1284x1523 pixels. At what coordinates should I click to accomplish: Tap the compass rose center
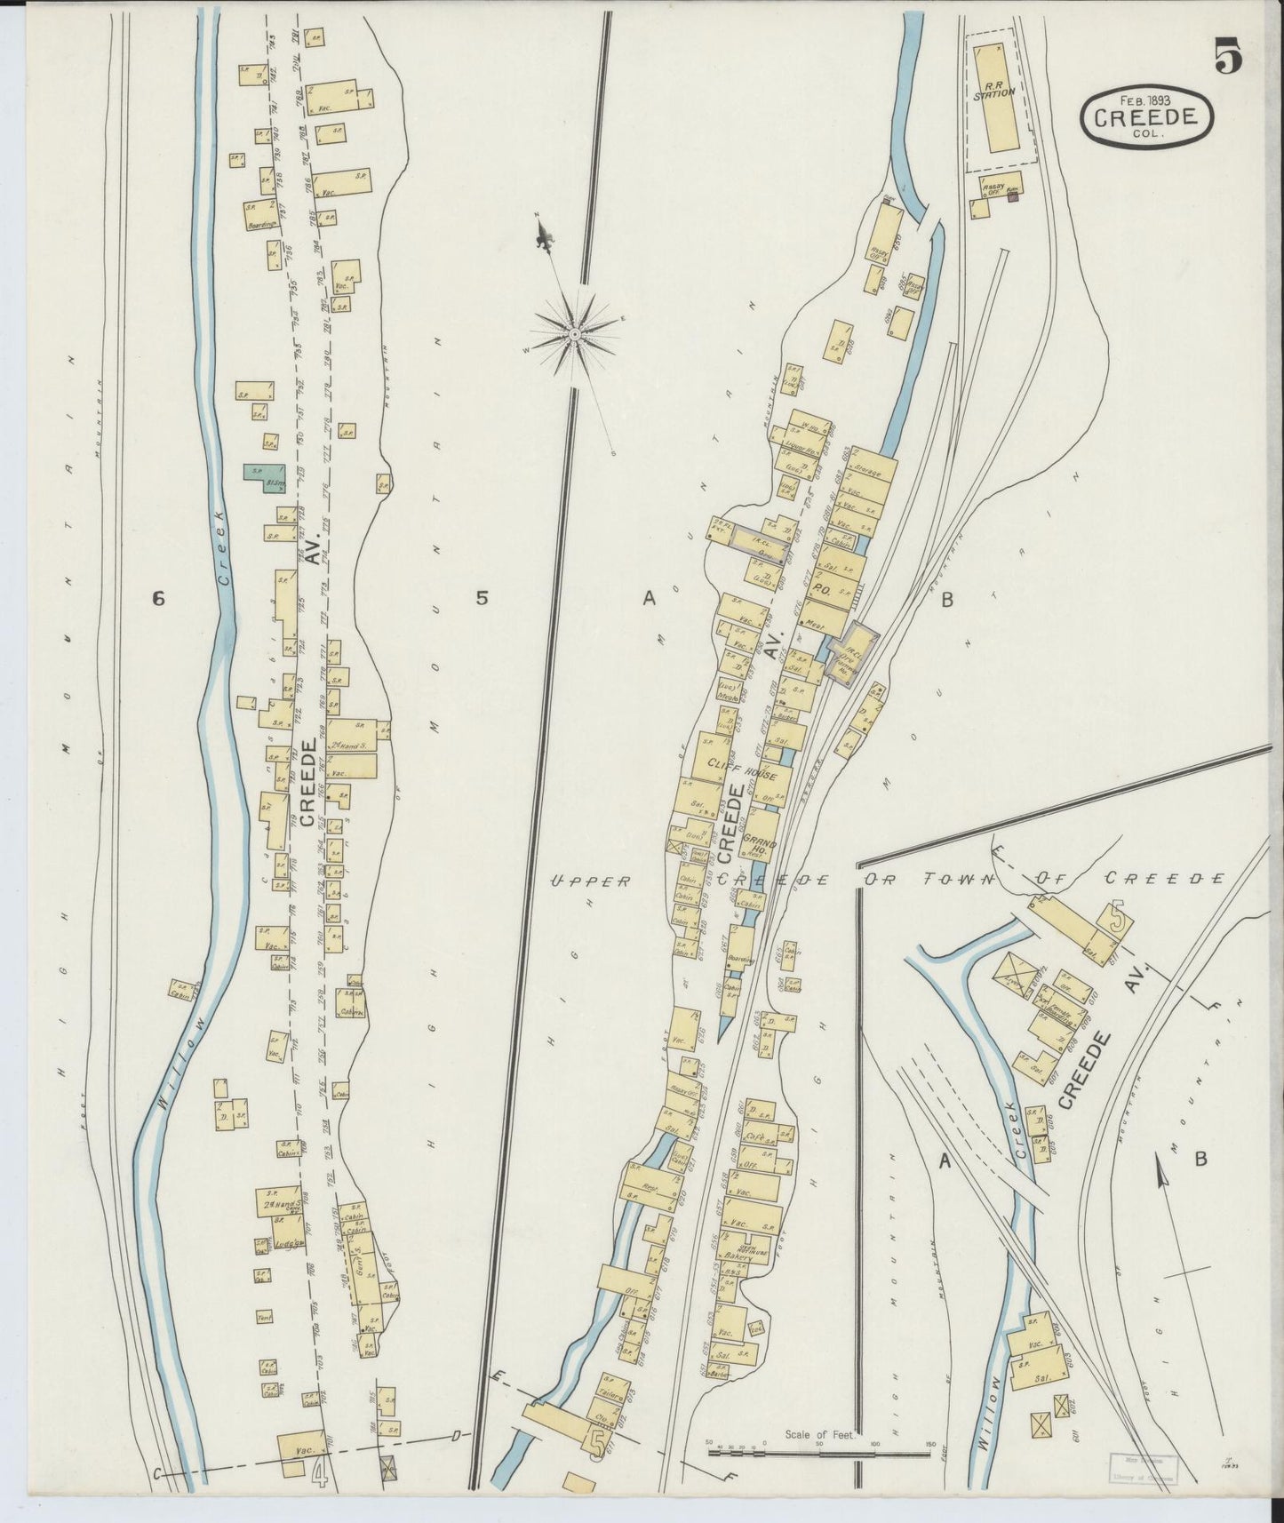click(x=575, y=333)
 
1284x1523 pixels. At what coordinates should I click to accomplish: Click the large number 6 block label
click(x=158, y=598)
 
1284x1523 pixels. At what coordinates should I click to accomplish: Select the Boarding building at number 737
click(x=262, y=216)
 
